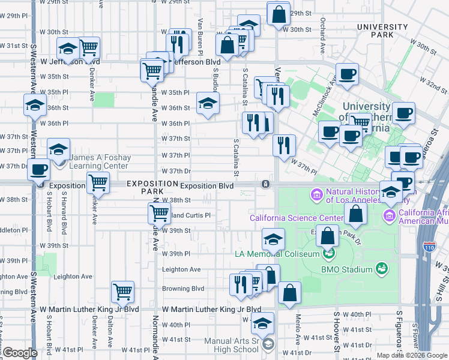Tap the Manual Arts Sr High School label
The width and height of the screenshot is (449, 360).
[x=232, y=345]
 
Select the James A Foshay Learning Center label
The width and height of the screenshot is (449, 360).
[x=99, y=161]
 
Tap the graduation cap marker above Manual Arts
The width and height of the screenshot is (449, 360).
[x=262, y=323]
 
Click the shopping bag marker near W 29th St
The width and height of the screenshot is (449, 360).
[x=280, y=14]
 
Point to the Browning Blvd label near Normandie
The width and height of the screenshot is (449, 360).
[x=183, y=289]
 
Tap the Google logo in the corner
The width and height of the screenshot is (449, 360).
[x=20, y=353]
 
